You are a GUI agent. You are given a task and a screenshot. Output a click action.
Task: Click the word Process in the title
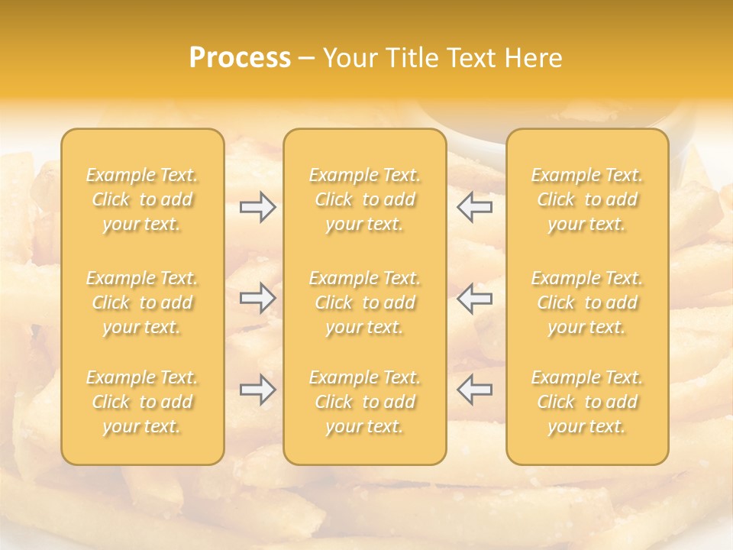(240, 58)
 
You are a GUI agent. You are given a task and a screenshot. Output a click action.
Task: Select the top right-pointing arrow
(258, 207)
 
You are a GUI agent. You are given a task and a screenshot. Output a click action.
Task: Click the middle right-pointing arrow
(258, 298)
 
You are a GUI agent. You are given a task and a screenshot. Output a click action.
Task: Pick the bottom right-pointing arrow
(258, 390)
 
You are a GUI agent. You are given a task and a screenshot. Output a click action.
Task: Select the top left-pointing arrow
(475, 207)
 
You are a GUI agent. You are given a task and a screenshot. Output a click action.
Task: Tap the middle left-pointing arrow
(475, 298)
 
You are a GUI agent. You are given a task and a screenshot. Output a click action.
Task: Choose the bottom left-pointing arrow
(475, 390)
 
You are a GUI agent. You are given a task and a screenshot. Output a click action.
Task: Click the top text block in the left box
(142, 199)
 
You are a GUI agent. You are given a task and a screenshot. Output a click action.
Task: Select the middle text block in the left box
(142, 302)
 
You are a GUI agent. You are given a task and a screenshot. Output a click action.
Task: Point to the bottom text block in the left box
(142, 402)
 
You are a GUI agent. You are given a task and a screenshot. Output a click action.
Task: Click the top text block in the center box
(365, 199)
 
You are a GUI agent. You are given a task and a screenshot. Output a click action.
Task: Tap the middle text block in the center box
(365, 302)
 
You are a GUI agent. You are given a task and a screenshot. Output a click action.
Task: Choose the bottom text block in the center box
(365, 402)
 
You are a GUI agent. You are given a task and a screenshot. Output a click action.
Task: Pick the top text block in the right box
(587, 199)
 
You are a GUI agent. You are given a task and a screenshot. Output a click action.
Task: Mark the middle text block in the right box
(587, 302)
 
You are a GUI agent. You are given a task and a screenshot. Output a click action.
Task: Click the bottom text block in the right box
(587, 402)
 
